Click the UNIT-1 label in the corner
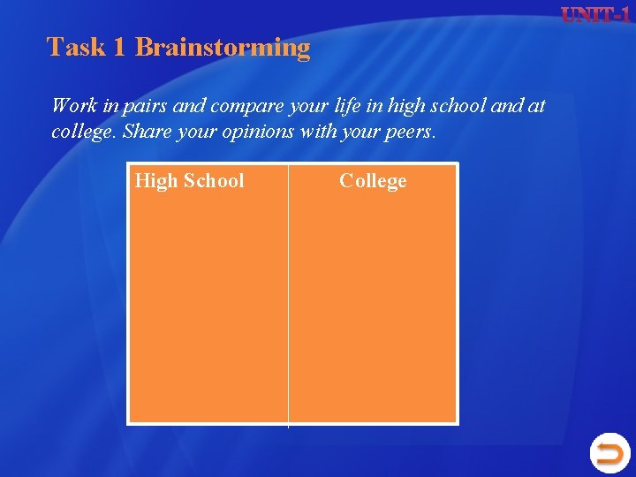(595, 15)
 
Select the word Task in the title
(76, 47)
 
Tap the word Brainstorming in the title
(223, 48)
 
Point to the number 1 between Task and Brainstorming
(119, 47)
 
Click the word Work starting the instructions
(74, 106)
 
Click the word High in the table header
(156, 181)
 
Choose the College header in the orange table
(373, 181)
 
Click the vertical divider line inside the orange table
(288, 300)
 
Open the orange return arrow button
(609, 453)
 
